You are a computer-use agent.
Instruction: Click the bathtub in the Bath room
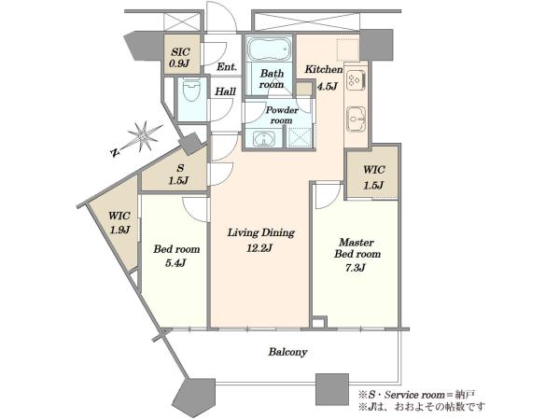[270, 49]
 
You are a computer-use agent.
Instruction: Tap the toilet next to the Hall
[191, 90]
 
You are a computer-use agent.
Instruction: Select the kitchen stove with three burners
[356, 80]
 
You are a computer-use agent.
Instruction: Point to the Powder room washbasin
[264, 138]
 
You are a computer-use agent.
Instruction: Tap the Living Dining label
[261, 232]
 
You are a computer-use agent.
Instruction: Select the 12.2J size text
[259, 248]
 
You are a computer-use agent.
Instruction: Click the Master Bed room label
[357, 248]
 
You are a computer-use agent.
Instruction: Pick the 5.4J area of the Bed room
[175, 263]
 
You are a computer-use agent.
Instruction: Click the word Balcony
[287, 352]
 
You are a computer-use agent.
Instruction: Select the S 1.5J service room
[175, 172]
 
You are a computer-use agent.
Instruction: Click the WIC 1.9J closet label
[119, 223]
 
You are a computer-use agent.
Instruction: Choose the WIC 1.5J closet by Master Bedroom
[371, 173]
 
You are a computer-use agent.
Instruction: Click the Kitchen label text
[324, 69]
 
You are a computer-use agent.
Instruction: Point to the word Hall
[225, 91]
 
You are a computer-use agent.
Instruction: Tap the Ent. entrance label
[227, 67]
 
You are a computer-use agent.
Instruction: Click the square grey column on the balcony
[332, 389]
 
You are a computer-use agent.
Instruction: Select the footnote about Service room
[416, 395]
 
